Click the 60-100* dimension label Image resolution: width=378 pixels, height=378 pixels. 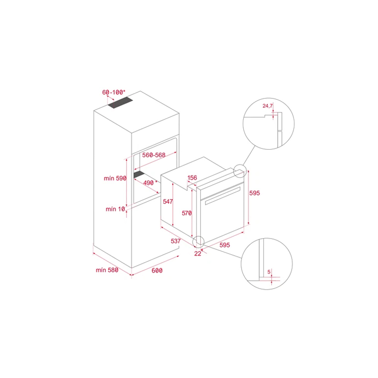pos(114,92)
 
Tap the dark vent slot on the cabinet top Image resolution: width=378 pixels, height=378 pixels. pos(120,103)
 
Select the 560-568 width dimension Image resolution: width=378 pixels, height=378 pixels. pos(154,155)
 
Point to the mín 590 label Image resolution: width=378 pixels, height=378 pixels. pos(115,178)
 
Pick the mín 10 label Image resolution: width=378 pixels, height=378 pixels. pos(115,209)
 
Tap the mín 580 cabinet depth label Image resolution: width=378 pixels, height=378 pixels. pos(107,270)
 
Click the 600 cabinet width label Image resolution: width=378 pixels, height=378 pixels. pos(157,270)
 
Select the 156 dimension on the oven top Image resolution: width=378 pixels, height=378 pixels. pos(192,178)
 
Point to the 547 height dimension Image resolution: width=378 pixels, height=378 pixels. pos(168,201)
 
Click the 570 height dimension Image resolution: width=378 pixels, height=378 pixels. pos(187,213)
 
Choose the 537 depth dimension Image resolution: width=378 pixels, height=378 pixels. pos(176,241)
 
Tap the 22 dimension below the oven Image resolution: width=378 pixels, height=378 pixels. pos(198,254)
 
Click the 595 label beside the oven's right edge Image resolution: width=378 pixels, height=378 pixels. pos(255,193)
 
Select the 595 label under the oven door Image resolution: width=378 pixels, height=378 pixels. pos(225,245)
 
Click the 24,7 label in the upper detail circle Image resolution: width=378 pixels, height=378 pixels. pos(267,106)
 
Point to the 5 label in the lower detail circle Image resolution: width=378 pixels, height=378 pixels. pos(269,272)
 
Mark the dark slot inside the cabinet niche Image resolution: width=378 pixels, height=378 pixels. pos(139,174)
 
